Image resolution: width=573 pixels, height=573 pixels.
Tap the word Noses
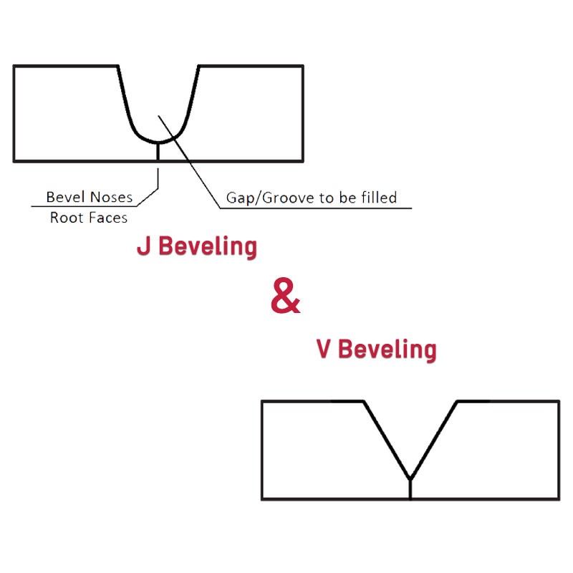click(x=111, y=198)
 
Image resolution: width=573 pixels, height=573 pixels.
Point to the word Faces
click(x=105, y=218)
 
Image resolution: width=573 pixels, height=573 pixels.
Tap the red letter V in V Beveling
click(x=324, y=349)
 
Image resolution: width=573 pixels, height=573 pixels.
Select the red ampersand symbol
click(x=285, y=296)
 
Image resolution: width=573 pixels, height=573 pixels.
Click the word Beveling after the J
click(x=208, y=246)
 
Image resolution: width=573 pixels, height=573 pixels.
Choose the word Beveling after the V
click(x=387, y=350)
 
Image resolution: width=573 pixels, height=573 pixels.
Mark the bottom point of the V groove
click(x=410, y=479)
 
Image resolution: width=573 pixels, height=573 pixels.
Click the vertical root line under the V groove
click(x=410, y=489)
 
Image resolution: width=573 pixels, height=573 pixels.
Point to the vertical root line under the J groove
click(x=158, y=152)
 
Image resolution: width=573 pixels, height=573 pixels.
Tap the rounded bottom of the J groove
click(x=158, y=141)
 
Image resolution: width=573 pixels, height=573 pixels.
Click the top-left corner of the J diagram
click(x=14, y=66)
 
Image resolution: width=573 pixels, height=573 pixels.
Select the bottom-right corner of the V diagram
click(x=559, y=499)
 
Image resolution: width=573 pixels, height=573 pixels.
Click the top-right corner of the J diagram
click(x=303, y=66)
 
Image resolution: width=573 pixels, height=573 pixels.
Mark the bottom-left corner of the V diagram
click(x=262, y=499)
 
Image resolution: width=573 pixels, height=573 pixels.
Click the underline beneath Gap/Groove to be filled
click(x=316, y=208)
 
